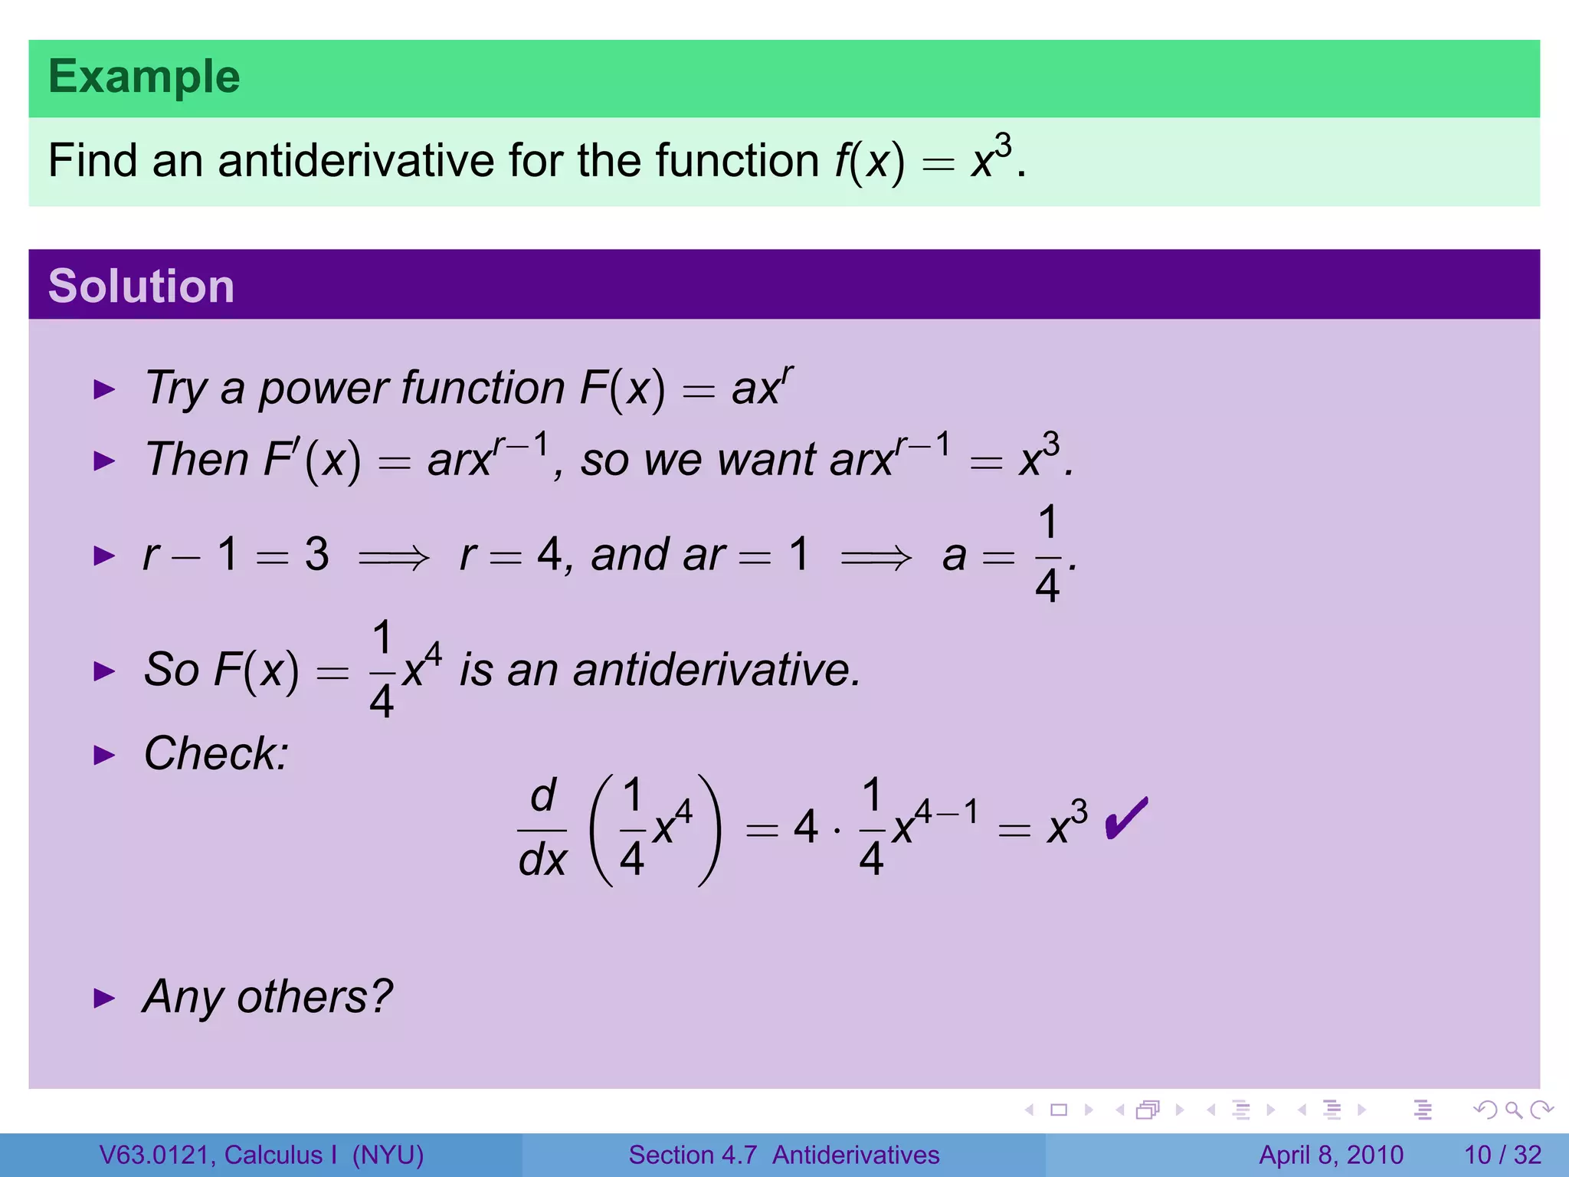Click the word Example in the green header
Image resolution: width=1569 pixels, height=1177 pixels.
coord(144,77)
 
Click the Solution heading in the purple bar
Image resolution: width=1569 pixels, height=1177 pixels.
coord(141,287)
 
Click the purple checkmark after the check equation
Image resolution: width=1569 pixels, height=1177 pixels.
coord(1126,819)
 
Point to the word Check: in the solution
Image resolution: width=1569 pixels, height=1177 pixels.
coord(216,754)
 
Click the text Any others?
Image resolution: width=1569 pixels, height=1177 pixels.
coord(267,997)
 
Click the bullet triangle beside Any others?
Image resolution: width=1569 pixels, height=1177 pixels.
coord(103,998)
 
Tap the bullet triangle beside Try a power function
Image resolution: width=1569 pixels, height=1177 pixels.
coord(103,389)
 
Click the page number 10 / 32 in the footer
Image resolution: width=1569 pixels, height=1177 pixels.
coord(1502,1155)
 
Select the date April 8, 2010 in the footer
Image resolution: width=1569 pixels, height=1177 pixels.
coord(1331,1155)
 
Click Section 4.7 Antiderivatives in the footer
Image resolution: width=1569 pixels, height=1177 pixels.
coord(784,1155)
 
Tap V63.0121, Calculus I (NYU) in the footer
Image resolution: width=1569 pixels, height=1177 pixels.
coord(261,1155)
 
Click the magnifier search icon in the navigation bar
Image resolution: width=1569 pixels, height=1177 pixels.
coord(1513,1110)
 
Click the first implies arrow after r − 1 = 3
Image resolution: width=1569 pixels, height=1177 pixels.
coord(394,556)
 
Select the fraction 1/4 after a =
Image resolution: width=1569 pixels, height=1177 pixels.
coord(1048,555)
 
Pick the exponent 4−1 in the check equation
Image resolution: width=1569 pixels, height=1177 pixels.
coord(947,811)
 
